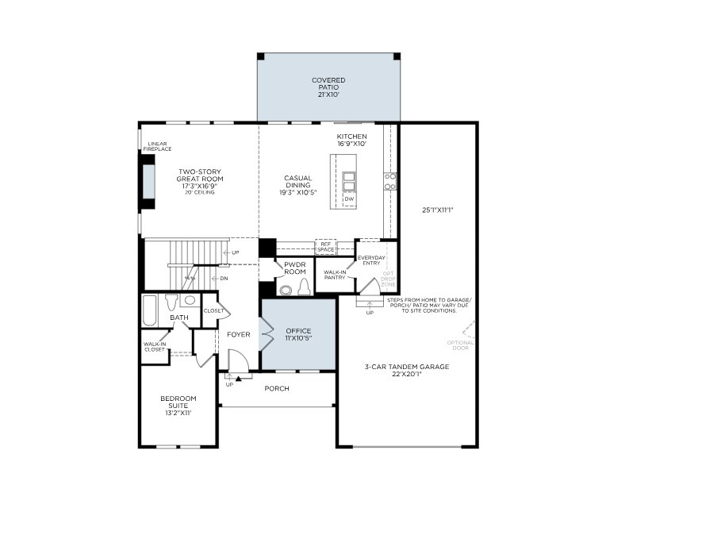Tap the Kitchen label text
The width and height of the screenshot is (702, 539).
click(x=351, y=140)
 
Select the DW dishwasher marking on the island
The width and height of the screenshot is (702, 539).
click(x=348, y=199)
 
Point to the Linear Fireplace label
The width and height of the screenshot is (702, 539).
click(x=157, y=147)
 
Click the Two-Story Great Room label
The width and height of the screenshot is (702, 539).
click(x=200, y=181)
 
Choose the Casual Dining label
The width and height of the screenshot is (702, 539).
click(x=297, y=185)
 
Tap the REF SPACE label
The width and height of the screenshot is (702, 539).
click(x=325, y=247)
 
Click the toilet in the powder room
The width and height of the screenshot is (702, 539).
click(x=302, y=287)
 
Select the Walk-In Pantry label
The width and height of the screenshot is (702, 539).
click(x=334, y=274)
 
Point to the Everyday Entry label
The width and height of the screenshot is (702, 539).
click(x=370, y=260)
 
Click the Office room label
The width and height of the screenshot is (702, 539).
click(x=298, y=334)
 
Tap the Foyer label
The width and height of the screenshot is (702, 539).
click(x=239, y=334)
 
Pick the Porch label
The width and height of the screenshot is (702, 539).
click(x=277, y=388)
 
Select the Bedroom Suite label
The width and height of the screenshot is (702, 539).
click(x=178, y=405)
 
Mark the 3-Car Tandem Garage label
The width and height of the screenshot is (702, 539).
click(x=407, y=370)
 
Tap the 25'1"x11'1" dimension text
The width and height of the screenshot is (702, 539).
click(x=438, y=210)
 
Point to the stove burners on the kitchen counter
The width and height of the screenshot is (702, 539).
click(x=390, y=181)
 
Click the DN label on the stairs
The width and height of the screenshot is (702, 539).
click(x=224, y=279)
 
